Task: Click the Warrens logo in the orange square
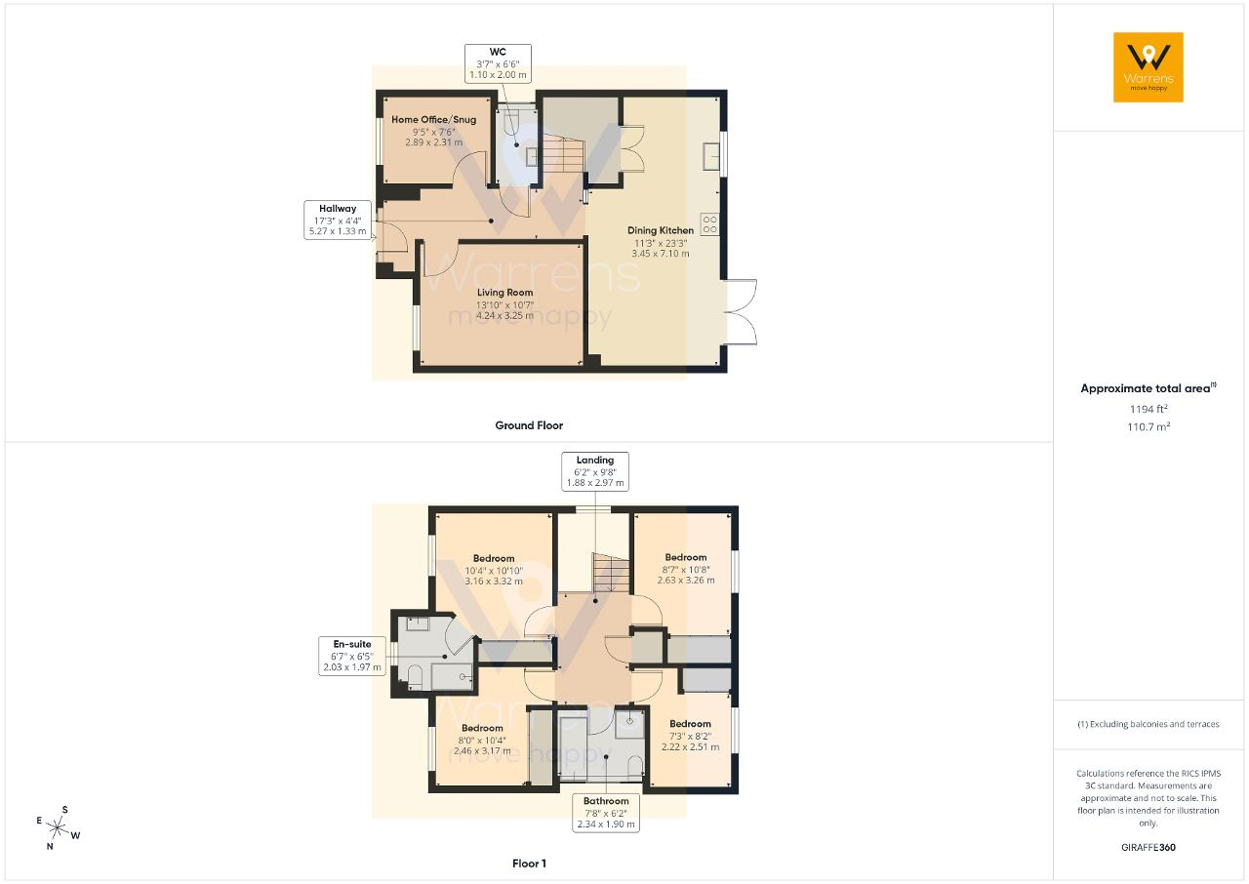pyautogui.click(x=1148, y=67)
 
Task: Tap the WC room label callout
pyautogui.click(x=498, y=63)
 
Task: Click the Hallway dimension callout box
pyautogui.click(x=338, y=220)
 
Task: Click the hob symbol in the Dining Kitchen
pyautogui.click(x=709, y=224)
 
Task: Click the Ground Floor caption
pyautogui.click(x=529, y=425)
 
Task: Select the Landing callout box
pyautogui.click(x=595, y=471)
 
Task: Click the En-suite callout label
pyautogui.click(x=352, y=656)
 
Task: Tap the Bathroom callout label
pyautogui.click(x=606, y=813)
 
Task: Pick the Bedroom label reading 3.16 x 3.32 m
pyautogui.click(x=494, y=570)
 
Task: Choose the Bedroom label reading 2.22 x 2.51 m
pyautogui.click(x=690, y=735)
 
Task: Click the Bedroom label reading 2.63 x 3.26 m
pyautogui.click(x=686, y=569)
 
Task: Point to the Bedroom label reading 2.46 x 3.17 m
pyautogui.click(x=482, y=739)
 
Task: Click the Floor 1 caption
pyautogui.click(x=529, y=864)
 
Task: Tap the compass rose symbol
pyautogui.click(x=58, y=827)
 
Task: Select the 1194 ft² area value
pyautogui.click(x=1148, y=409)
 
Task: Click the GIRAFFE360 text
pyautogui.click(x=1148, y=847)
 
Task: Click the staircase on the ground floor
pyautogui.click(x=564, y=153)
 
